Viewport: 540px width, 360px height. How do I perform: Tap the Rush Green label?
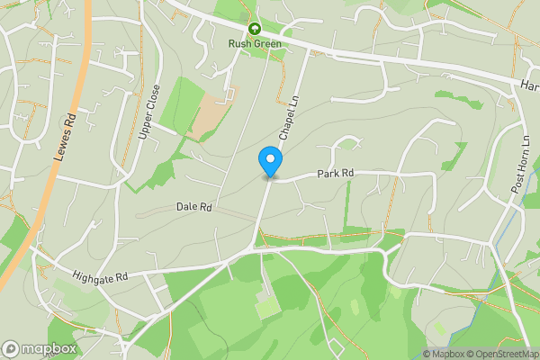coord(255,43)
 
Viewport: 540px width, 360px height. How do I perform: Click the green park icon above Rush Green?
coord(255,29)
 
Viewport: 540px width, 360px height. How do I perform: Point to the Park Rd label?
coord(334,173)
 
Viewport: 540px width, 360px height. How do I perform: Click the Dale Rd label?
coord(193,207)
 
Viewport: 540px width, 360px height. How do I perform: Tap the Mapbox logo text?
coord(49,348)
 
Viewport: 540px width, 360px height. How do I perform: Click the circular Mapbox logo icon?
coord(12,348)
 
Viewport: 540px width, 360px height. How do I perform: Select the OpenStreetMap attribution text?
coord(503,354)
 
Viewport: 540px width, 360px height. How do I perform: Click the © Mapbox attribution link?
coord(443,354)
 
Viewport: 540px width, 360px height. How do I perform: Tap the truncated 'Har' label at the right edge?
coord(529,85)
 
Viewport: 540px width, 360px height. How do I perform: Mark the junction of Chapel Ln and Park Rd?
coord(268,179)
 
